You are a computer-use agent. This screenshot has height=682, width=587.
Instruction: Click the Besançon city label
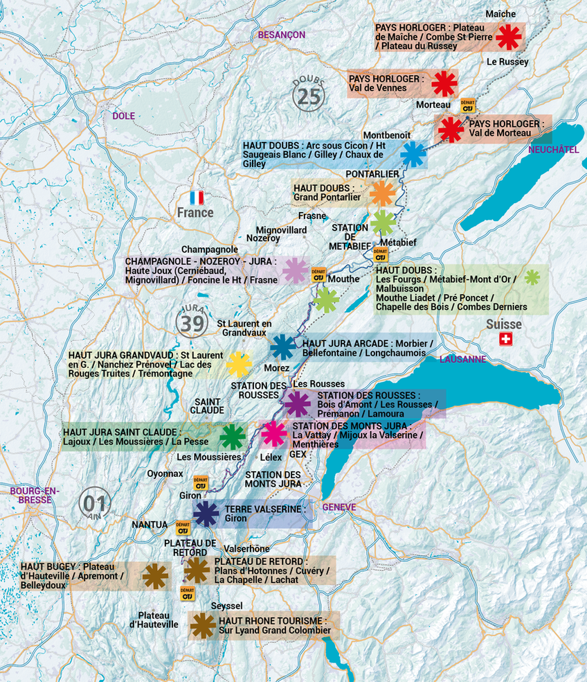(282, 35)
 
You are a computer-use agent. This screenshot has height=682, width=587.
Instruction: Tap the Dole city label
(124, 116)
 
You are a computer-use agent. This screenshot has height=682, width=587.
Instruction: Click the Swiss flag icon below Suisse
(505, 339)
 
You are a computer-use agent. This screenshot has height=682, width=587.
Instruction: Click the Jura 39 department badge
(193, 321)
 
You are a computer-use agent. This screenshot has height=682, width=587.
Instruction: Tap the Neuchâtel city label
(553, 149)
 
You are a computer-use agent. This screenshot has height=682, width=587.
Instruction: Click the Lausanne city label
(463, 359)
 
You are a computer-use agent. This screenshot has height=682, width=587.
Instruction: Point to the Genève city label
(339, 507)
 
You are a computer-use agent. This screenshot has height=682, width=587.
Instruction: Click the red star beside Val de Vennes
(444, 84)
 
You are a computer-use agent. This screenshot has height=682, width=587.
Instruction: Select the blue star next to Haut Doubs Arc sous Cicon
(413, 154)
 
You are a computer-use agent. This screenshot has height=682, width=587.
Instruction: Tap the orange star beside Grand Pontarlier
(382, 193)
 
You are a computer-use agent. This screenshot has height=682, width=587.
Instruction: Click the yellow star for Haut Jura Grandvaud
(238, 364)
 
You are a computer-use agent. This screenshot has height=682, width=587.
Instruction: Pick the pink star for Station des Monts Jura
(274, 434)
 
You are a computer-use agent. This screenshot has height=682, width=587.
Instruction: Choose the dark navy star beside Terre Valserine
(206, 514)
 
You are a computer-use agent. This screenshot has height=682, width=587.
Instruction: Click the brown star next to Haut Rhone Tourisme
(203, 625)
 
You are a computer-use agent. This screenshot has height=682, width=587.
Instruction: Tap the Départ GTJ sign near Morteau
(469, 105)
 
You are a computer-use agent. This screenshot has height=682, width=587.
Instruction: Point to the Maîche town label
(500, 14)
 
